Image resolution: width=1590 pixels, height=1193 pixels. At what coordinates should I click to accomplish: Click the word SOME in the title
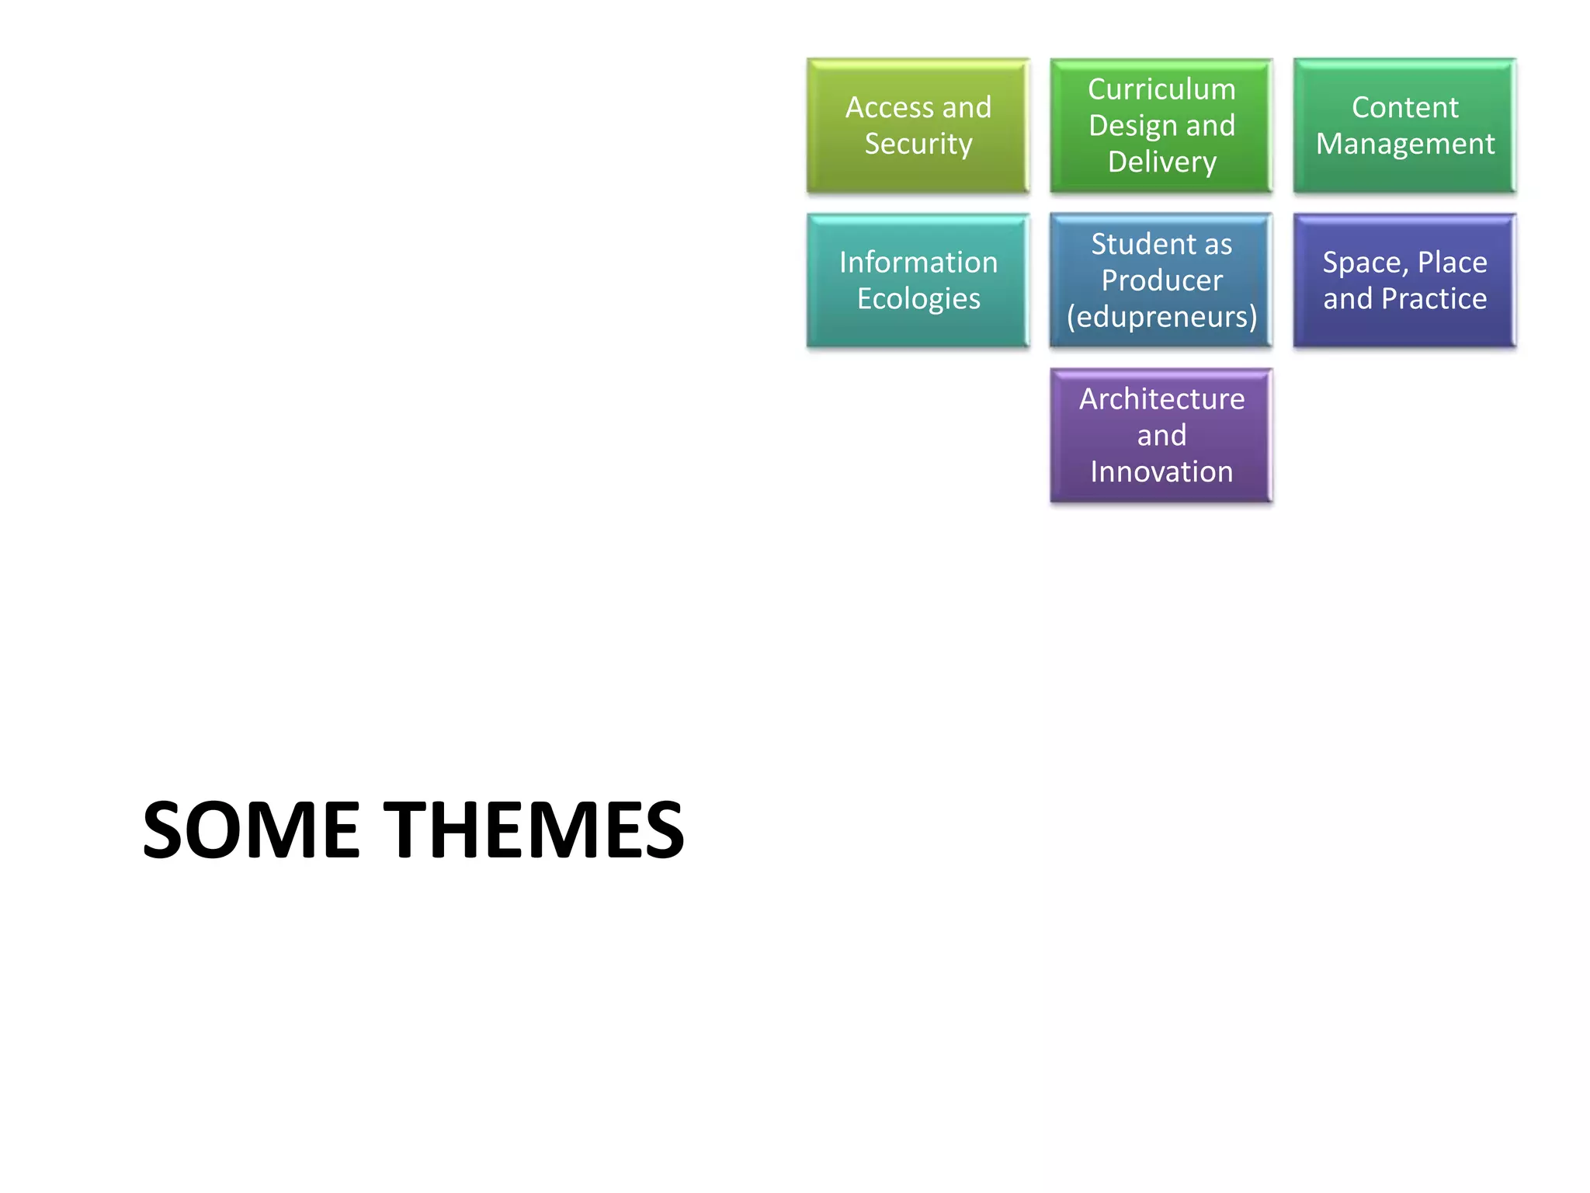[252, 830]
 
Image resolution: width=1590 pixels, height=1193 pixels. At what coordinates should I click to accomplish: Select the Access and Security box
[918, 126]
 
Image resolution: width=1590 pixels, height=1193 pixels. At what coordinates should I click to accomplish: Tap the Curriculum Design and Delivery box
[1161, 126]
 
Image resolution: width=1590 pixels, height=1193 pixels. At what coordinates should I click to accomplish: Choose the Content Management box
[1404, 126]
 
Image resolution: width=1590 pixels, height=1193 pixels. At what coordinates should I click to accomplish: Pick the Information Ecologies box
[918, 280]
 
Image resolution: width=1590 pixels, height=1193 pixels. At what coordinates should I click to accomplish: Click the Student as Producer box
[1161, 280]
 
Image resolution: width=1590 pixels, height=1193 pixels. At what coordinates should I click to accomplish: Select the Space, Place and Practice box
[1404, 280]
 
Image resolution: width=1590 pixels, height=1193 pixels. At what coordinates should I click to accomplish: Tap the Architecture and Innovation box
[1161, 436]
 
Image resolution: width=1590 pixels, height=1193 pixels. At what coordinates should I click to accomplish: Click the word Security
[918, 144]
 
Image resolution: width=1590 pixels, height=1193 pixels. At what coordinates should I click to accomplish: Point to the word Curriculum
[1161, 89]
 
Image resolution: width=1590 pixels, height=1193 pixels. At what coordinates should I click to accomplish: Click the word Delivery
[1162, 162]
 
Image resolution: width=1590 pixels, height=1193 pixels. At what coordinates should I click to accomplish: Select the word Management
[1405, 144]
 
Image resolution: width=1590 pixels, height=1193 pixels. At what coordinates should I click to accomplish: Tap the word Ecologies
[918, 299]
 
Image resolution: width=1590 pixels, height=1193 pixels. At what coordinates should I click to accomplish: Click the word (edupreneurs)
[1161, 317]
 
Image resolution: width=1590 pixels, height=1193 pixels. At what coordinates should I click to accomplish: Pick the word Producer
[1161, 280]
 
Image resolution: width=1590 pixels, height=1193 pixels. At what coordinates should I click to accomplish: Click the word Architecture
[1161, 399]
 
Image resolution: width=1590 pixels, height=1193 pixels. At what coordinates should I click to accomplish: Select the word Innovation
[1161, 472]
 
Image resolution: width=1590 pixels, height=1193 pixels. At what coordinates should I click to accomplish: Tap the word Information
[918, 263]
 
